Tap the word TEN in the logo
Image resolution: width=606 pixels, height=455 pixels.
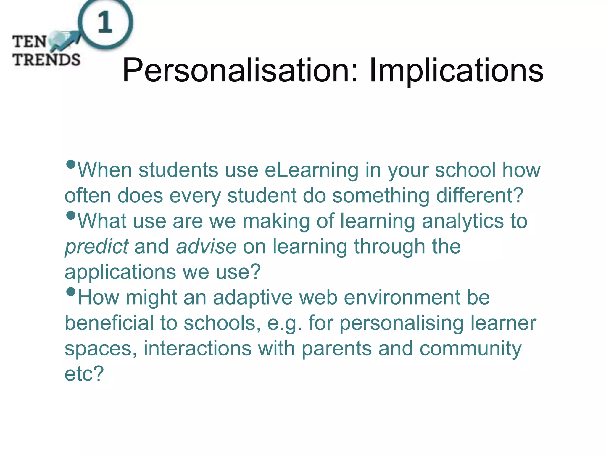click(29, 41)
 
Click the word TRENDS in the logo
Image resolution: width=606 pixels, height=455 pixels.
click(46, 60)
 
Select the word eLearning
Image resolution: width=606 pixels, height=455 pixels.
click(311, 171)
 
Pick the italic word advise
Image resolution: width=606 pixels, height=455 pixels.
click(206, 246)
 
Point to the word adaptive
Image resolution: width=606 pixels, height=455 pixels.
click(253, 298)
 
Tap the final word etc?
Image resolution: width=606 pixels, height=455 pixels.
click(84, 374)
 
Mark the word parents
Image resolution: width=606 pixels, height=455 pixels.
click(336, 349)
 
